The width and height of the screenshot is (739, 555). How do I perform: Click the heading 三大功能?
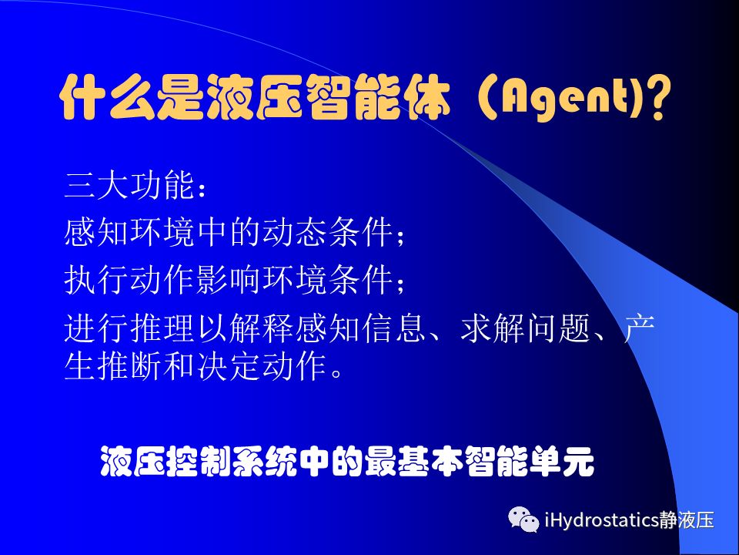(x=129, y=185)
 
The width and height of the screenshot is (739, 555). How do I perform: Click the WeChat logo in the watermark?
(x=523, y=519)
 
